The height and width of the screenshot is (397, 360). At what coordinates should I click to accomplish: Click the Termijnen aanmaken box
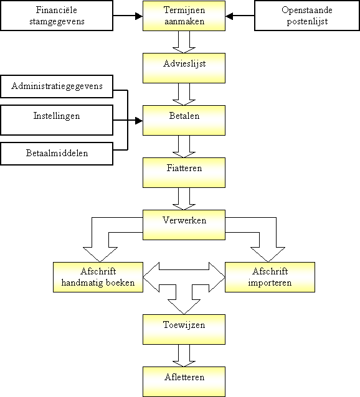184,16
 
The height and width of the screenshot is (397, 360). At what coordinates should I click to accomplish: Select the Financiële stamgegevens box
57,16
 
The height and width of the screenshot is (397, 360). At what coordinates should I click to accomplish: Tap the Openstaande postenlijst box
307,16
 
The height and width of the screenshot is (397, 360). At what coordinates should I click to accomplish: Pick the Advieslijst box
184,68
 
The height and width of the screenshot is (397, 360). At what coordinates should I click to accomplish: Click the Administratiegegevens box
57,86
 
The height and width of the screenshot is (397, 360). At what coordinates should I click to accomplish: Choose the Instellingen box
57,120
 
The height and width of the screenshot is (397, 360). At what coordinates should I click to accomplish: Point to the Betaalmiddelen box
57,154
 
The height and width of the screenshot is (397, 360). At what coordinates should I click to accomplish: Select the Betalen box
184,120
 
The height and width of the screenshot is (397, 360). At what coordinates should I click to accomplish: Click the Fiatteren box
184,172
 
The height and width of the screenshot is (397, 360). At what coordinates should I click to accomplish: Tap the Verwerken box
184,225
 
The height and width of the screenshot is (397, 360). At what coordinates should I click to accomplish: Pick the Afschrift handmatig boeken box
98,278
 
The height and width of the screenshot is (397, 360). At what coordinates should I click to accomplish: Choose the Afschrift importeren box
270,278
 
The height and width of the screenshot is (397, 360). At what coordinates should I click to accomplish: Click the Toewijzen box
184,329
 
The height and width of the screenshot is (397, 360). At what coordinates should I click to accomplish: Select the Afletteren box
184,381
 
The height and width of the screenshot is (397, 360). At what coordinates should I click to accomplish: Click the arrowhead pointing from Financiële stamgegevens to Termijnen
139,16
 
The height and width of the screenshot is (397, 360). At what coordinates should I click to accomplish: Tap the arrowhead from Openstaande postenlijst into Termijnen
229,16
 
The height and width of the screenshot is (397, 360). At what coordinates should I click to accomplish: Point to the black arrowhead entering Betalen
139,121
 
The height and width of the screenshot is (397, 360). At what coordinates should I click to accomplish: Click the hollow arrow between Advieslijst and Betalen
184,94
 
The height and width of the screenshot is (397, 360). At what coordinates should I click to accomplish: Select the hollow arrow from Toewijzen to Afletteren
184,355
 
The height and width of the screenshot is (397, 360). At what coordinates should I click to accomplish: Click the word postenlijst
307,22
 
